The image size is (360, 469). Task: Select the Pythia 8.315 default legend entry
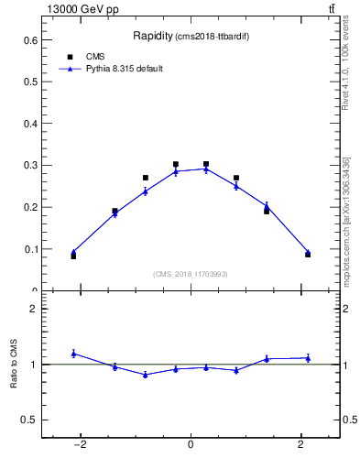click(x=125, y=69)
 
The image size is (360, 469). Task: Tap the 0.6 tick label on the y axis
click(x=30, y=40)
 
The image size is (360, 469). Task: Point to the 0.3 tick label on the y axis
click(x=30, y=166)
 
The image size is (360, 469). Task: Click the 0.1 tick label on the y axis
click(x=30, y=249)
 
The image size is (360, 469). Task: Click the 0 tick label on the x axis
click(x=191, y=445)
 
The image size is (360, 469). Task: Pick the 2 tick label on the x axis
click(x=301, y=445)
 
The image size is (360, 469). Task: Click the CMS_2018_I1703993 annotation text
click(x=190, y=273)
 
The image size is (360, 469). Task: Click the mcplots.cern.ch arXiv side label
click(x=346, y=220)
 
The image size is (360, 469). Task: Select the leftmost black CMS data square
click(x=73, y=256)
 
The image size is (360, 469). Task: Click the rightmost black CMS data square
click(x=308, y=255)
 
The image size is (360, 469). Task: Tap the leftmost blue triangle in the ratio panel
click(x=73, y=353)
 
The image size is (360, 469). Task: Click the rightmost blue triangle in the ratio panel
click(x=308, y=357)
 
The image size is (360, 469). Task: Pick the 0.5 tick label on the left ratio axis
click(x=30, y=420)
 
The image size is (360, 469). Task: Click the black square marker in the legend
click(x=70, y=57)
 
